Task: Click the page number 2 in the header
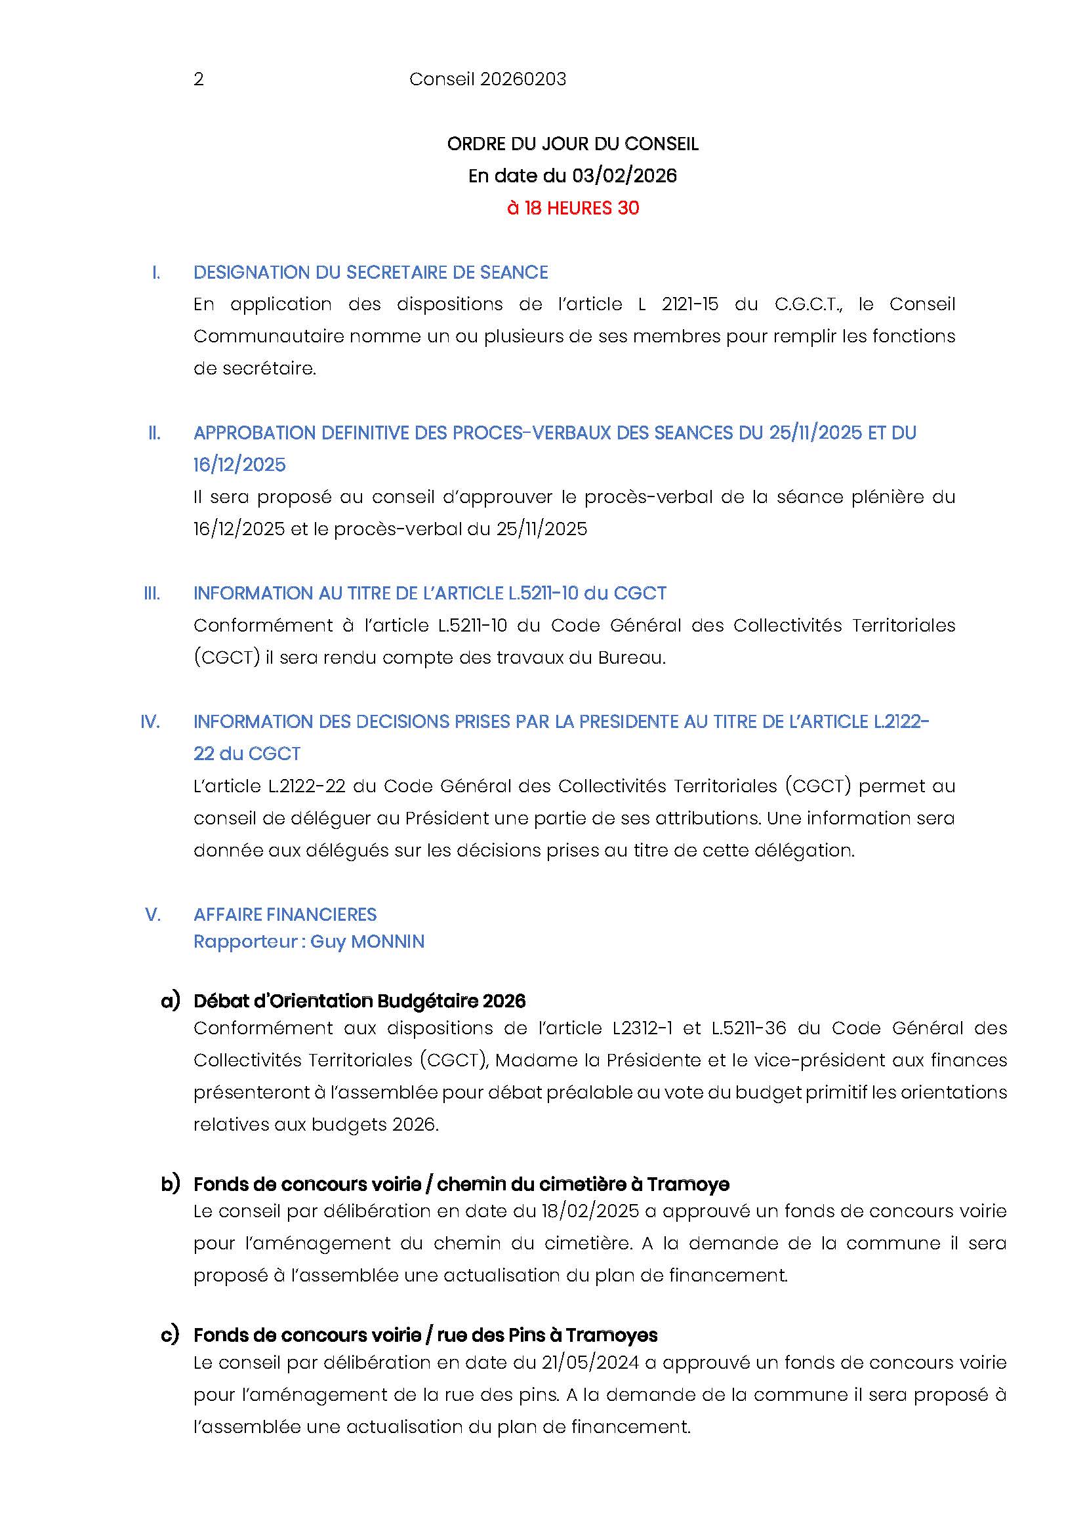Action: [x=198, y=79]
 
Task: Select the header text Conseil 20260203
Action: [x=487, y=79]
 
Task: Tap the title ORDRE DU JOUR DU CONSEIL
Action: [x=573, y=144]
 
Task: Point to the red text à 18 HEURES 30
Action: [x=573, y=208]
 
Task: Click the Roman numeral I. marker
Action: [x=156, y=273]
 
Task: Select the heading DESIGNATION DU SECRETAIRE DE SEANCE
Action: [x=370, y=273]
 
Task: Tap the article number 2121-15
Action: [x=689, y=305]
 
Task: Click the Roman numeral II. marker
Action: [x=154, y=433]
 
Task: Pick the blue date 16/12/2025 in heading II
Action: [x=239, y=465]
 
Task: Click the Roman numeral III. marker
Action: [x=152, y=594]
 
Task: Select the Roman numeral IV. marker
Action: [x=150, y=721]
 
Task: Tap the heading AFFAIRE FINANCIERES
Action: [x=285, y=914]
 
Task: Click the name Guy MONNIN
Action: [x=367, y=941]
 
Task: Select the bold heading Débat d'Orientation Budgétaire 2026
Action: [x=359, y=1001]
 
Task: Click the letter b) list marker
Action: [x=171, y=1184]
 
